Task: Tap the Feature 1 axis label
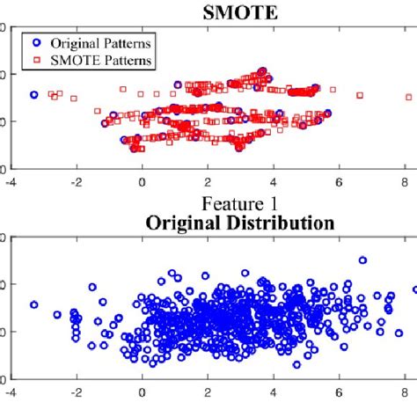pyautogui.click(x=208, y=204)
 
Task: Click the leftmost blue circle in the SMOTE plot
pyautogui.click(x=34, y=94)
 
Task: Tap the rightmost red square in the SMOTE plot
pyautogui.click(x=408, y=97)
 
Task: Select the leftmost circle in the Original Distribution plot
pyautogui.click(x=34, y=304)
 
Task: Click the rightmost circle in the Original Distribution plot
pyautogui.click(x=414, y=289)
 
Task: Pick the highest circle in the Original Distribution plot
pyautogui.click(x=362, y=260)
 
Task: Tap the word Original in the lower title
pyautogui.click(x=175, y=222)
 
